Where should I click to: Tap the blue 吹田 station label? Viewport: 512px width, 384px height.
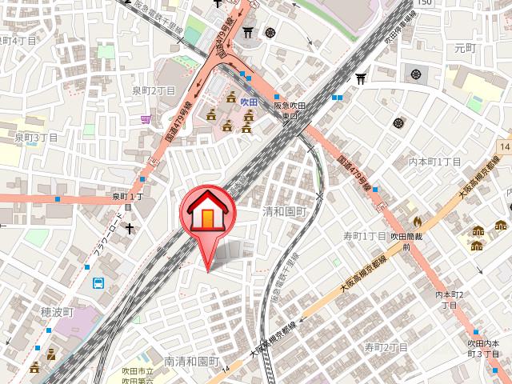[x=249, y=102]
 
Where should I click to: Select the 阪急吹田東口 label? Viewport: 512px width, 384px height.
[x=290, y=110]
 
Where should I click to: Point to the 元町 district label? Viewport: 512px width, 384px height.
[x=465, y=49]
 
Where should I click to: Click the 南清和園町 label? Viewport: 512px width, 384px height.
[x=191, y=362]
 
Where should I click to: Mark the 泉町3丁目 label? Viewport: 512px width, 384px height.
[x=37, y=138]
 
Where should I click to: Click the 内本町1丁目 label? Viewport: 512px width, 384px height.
[x=435, y=162]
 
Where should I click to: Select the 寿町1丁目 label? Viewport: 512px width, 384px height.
[x=365, y=236]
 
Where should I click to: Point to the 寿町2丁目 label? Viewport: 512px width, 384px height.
[x=386, y=347]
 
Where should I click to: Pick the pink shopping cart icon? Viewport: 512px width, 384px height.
[x=146, y=119]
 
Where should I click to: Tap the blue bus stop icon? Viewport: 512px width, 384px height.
[x=98, y=283]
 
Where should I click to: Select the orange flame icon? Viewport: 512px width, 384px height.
[x=417, y=221]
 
